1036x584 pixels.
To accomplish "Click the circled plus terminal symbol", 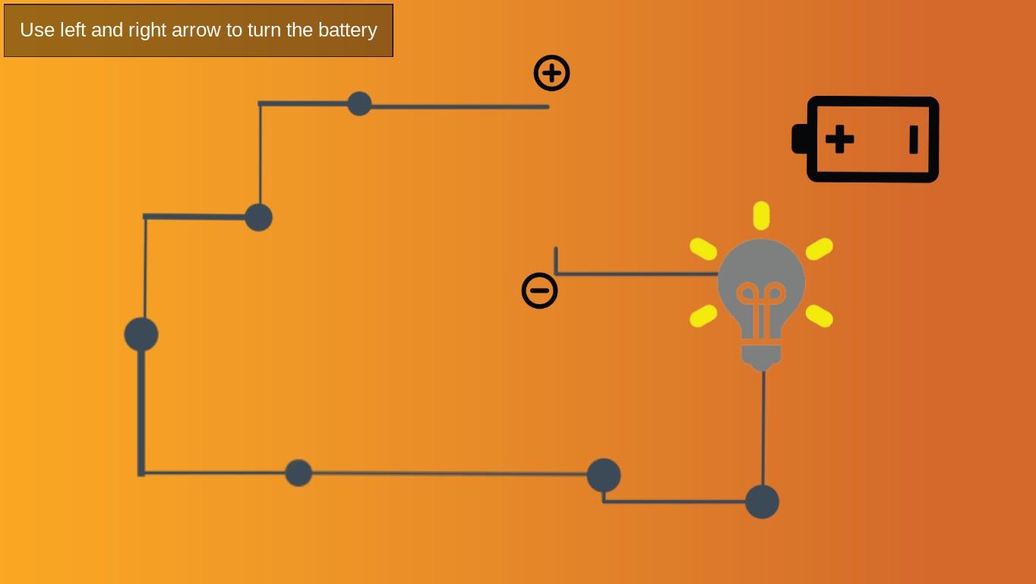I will pyautogui.click(x=551, y=73).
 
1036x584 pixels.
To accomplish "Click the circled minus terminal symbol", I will pyautogui.click(x=539, y=290).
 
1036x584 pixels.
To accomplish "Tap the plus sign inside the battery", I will pyautogui.click(x=839, y=139).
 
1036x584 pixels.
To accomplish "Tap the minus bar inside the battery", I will pyautogui.click(x=913, y=139).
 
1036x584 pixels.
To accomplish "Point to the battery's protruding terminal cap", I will pyautogui.click(x=799, y=139).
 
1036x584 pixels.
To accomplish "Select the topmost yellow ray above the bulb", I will pyautogui.click(x=761, y=215).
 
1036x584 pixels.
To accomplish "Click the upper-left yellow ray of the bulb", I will pyautogui.click(x=703, y=249).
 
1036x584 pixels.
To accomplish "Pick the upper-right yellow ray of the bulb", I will pyautogui.click(x=819, y=249).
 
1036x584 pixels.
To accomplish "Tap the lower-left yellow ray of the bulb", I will pyautogui.click(x=703, y=316).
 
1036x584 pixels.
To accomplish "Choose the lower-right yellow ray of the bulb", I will pyautogui.click(x=819, y=316).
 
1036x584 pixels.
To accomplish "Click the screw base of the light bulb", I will pyautogui.click(x=761, y=356).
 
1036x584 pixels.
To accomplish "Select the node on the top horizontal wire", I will pyautogui.click(x=359, y=103).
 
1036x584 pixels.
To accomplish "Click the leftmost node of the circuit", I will pyautogui.click(x=141, y=335).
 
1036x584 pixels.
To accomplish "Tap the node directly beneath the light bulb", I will pyautogui.click(x=762, y=502).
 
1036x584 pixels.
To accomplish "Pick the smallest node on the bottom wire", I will pyautogui.click(x=298, y=473).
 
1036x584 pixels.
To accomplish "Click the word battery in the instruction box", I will pyautogui.click(x=347, y=30).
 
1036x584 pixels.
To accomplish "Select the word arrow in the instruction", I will pyautogui.click(x=197, y=30).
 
